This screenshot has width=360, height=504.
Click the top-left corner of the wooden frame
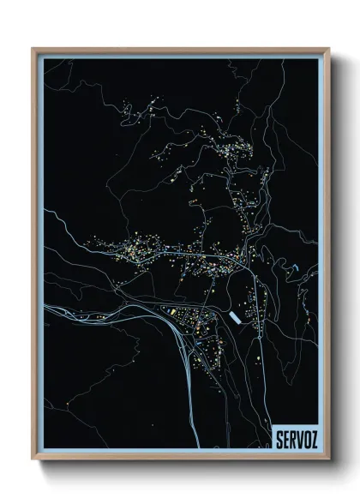(x=33, y=48)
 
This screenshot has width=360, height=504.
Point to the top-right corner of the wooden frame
(x=326, y=48)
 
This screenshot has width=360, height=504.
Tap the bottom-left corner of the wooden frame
(x=33, y=459)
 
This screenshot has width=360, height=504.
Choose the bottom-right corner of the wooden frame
(x=326, y=459)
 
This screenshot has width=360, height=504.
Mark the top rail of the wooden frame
(x=180, y=49)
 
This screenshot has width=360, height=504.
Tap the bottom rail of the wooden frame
(x=180, y=459)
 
